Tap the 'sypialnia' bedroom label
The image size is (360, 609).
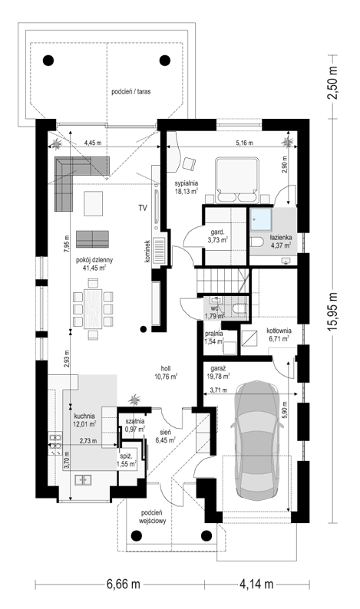(x=187, y=183)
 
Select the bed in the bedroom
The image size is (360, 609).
(x=237, y=179)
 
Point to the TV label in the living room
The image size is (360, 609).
(x=143, y=208)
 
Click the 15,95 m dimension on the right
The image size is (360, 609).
(x=334, y=311)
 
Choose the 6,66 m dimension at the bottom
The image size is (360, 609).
(x=123, y=584)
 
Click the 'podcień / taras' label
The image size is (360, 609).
(x=131, y=92)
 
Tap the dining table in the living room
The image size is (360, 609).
(x=93, y=308)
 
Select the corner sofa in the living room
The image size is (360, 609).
(x=77, y=179)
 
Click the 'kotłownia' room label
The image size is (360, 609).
(x=279, y=331)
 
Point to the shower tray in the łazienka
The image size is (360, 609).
(x=261, y=220)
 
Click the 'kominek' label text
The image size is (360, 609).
(x=147, y=251)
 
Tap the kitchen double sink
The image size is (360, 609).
(x=83, y=480)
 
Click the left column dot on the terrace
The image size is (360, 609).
(x=48, y=60)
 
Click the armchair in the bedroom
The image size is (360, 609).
(x=189, y=163)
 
